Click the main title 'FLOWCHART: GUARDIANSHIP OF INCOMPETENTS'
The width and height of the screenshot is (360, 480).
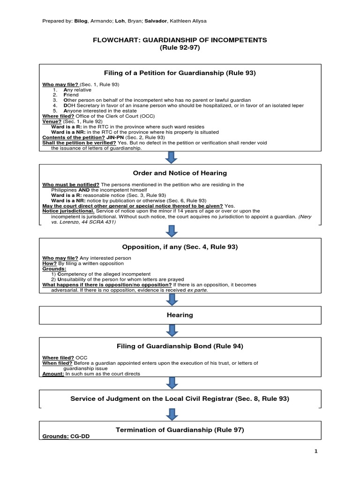click(x=180, y=40)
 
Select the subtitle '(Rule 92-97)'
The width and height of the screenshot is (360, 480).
click(x=180, y=48)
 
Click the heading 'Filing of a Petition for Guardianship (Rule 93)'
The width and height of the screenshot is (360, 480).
click(x=180, y=73)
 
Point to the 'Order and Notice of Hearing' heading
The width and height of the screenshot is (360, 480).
click(x=180, y=173)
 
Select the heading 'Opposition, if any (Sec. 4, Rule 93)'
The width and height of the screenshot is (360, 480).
click(x=180, y=247)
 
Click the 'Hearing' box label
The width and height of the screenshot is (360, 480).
click(x=180, y=315)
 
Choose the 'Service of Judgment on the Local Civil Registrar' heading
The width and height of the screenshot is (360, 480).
click(x=180, y=398)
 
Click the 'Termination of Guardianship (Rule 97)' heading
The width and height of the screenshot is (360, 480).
click(x=180, y=429)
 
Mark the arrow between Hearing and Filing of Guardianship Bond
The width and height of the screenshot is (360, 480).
click(x=172, y=331)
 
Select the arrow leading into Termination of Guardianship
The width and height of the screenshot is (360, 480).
click(x=172, y=414)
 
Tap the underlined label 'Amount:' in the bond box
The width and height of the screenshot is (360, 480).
click(x=53, y=374)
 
